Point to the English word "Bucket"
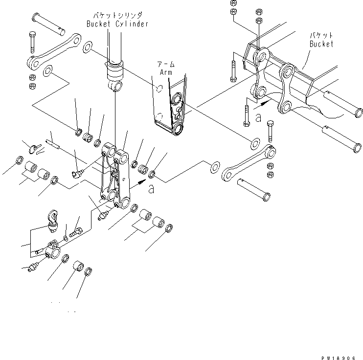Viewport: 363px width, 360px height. (x=321, y=44)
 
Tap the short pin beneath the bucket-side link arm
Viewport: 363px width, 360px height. (x=254, y=189)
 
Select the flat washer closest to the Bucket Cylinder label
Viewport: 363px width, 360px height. (x=88, y=47)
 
